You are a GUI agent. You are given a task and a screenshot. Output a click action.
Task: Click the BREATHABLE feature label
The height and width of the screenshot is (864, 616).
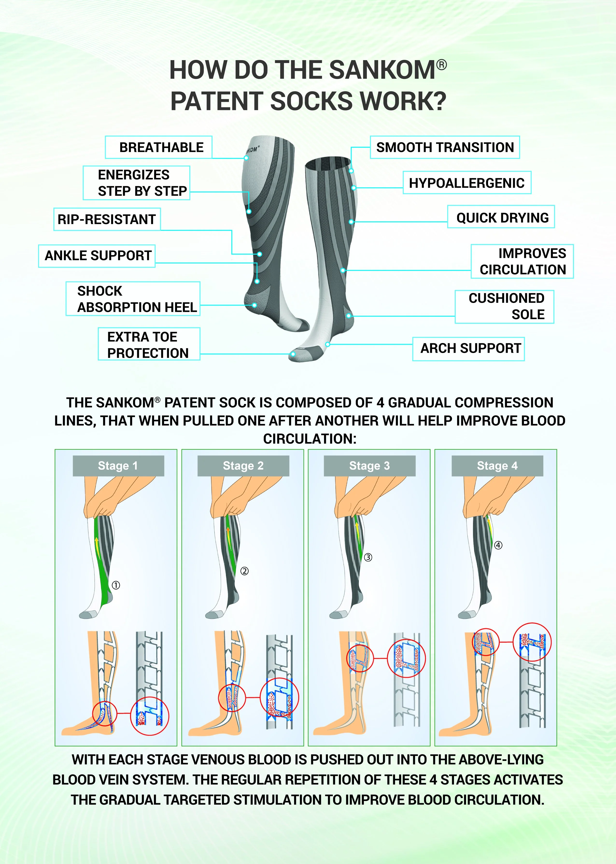pyautogui.click(x=159, y=147)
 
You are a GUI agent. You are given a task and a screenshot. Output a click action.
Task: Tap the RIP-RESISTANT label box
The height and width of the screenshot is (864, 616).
pyautogui.click(x=107, y=219)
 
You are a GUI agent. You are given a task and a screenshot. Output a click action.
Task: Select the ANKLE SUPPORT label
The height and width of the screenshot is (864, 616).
pyautogui.click(x=97, y=256)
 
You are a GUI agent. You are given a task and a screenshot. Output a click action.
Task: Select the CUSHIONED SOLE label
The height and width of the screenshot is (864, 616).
pyautogui.click(x=504, y=306)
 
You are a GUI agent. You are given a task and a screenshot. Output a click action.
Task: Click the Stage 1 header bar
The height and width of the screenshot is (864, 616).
pyautogui.click(x=118, y=465)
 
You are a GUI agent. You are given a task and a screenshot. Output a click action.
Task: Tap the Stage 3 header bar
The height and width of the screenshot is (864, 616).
pyautogui.click(x=369, y=465)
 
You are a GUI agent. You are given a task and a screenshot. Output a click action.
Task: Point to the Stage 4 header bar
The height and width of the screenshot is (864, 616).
pyautogui.click(x=497, y=465)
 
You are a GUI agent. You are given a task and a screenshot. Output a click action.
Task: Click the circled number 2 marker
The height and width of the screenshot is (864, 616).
pyautogui.click(x=245, y=571)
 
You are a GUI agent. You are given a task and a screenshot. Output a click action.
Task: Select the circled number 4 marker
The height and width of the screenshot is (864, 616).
pyautogui.click(x=498, y=545)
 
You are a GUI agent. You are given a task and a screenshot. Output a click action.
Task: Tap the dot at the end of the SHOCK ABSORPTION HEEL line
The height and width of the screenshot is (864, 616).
pyautogui.click(x=255, y=305)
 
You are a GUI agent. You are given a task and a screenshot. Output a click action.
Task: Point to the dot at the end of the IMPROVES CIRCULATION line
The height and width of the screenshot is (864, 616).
pyautogui.click(x=343, y=270)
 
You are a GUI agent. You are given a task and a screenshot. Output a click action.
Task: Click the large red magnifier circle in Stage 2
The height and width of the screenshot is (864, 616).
pyautogui.click(x=280, y=698)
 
